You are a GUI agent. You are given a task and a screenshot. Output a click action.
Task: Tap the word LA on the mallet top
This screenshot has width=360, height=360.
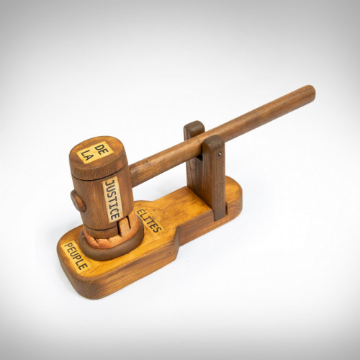click(x=87, y=155)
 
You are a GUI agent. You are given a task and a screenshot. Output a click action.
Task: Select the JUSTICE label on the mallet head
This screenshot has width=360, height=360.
click(x=112, y=200)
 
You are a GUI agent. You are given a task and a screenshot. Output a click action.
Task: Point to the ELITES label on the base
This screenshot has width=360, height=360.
click(x=148, y=221)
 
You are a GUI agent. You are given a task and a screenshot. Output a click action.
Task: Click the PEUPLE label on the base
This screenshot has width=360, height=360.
click(x=76, y=256)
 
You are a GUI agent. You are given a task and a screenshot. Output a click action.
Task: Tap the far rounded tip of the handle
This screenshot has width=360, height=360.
click(x=311, y=93)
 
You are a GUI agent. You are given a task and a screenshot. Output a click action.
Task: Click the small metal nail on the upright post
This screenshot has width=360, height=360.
click(x=220, y=155)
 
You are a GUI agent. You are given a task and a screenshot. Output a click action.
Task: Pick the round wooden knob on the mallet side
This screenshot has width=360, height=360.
click(x=78, y=201)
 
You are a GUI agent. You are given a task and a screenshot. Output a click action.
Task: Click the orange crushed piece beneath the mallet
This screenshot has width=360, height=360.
click(x=113, y=234)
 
